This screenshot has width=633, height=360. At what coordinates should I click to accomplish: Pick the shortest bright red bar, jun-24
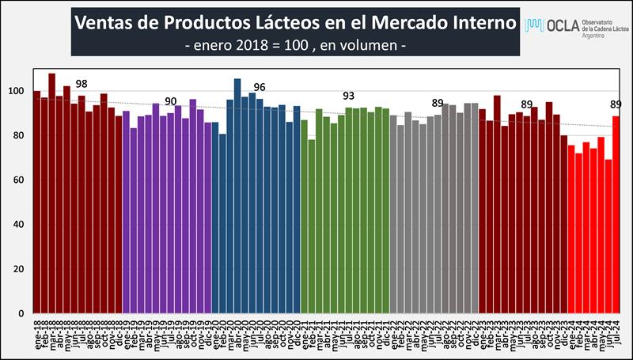click(x=608, y=237)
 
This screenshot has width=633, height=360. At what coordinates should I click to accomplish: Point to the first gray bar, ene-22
click(x=394, y=214)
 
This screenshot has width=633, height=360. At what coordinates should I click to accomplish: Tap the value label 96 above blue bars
click(x=259, y=87)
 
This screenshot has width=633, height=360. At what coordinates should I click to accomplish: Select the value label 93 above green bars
click(x=349, y=96)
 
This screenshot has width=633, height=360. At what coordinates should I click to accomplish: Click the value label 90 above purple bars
click(x=170, y=101)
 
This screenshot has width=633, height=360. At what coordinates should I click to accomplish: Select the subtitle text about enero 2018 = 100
click(x=295, y=47)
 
